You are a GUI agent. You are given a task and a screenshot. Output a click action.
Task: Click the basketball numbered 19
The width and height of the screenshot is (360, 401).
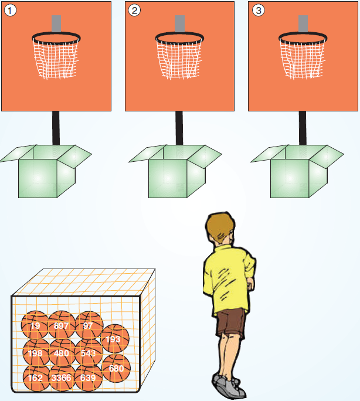point(35,325)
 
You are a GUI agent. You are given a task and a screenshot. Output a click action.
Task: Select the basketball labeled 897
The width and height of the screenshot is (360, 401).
point(62,325)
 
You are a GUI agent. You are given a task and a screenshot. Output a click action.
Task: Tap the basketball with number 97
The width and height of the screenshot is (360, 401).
point(89,325)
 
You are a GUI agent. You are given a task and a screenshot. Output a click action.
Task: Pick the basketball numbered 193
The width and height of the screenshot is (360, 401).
point(116,339)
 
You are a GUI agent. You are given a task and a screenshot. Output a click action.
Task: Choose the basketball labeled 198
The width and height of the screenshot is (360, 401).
point(36,352)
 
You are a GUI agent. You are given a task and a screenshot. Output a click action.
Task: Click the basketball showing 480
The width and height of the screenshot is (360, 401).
point(62,352)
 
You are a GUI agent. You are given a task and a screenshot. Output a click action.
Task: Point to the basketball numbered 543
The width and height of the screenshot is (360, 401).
point(89,352)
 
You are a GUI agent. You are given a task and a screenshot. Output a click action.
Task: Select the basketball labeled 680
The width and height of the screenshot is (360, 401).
point(116,368)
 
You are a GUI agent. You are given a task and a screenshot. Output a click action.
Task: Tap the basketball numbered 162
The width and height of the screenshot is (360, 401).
point(36,378)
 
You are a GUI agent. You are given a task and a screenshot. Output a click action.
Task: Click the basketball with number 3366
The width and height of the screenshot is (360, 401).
point(62,378)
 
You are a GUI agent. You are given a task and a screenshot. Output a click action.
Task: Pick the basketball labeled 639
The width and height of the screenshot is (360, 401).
point(89,378)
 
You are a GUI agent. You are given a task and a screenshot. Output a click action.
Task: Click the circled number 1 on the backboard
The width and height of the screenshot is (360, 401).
point(10,11)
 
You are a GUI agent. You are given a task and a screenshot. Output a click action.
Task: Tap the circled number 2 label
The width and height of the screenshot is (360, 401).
point(134,11)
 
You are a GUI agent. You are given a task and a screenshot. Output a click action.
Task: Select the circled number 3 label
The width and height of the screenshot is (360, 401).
point(258,11)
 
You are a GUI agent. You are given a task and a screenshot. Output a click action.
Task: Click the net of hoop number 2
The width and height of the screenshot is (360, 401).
point(179,59)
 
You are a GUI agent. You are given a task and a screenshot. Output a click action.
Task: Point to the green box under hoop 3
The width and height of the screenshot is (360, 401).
point(297,171)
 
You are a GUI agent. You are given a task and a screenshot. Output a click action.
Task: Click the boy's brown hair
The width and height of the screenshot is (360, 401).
point(219,226)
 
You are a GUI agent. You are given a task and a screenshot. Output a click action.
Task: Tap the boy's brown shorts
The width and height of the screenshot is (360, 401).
point(230,322)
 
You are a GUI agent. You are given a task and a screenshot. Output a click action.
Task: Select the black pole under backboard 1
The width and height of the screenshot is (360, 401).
point(56,128)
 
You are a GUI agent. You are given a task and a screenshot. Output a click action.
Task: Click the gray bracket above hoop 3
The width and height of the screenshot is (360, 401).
point(303,24)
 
